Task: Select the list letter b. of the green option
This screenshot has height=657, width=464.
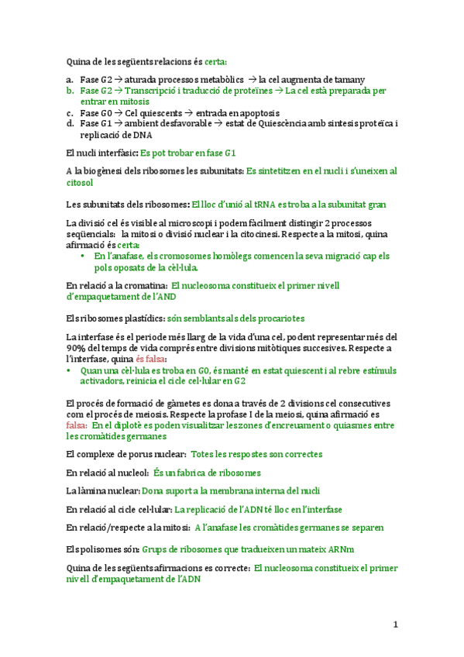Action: coord(70,91)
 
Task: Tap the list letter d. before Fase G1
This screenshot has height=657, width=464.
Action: coord(70,123)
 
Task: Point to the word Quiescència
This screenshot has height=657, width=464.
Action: coord(284,123)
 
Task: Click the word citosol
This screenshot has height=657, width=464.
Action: coord(80,183)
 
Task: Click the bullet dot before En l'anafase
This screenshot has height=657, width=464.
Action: coord(83,256)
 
